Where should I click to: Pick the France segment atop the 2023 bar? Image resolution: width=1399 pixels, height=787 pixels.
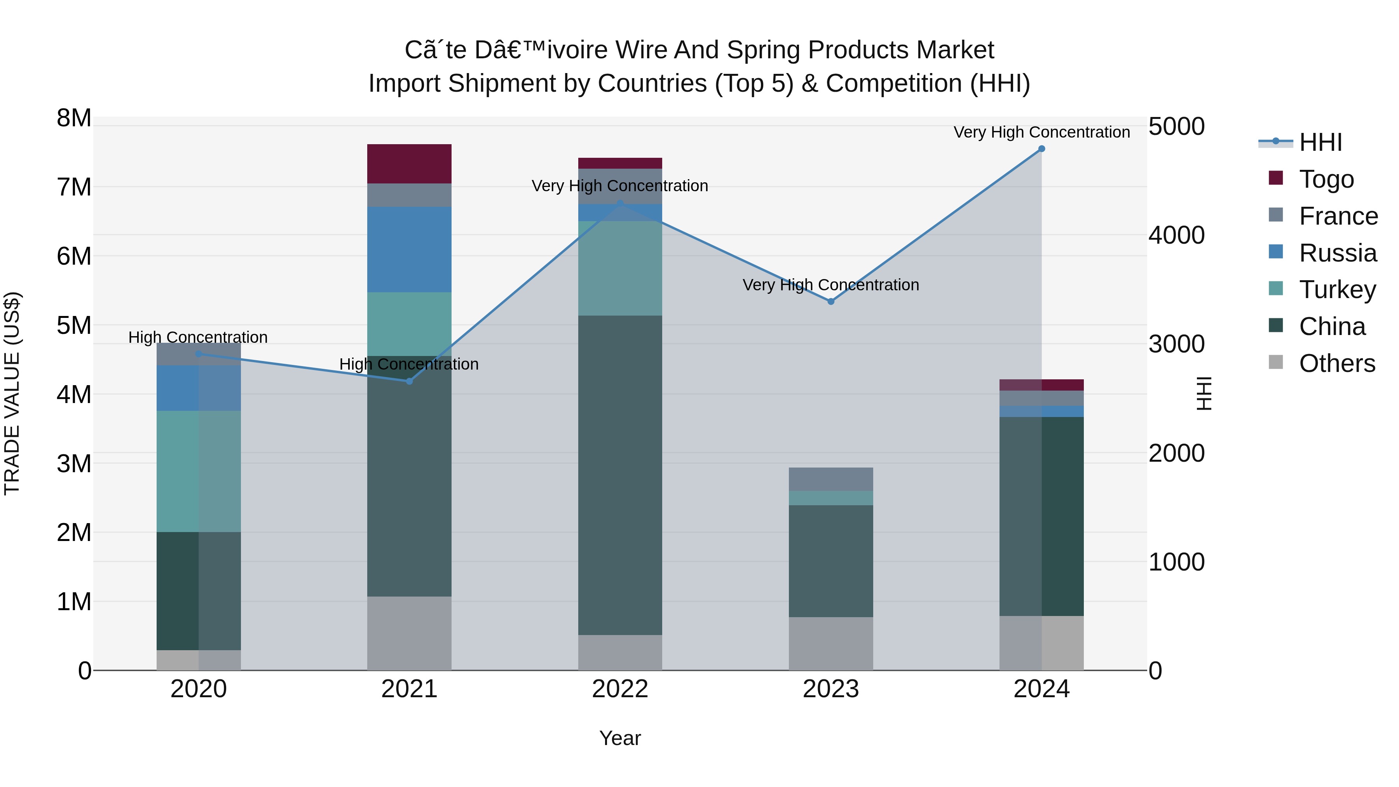click(x=830, y=479)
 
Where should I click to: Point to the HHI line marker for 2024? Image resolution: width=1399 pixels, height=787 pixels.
click(x=1041, y=149)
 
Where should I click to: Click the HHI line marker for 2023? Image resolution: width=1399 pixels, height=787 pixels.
click(x=830, y=302)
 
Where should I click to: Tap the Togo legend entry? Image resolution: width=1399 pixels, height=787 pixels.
click(x=1326, y=179)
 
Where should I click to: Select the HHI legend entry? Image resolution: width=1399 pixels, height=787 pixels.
click(x=1320, y=142)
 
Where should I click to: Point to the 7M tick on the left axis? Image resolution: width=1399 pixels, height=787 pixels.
click(x=74, y=187)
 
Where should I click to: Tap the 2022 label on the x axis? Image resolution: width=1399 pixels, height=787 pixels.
click(x=620, y=689)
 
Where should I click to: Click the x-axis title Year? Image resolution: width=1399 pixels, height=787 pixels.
click(x=620, y=738)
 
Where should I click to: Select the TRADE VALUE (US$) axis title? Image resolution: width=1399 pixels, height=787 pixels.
click(x=12, y=393)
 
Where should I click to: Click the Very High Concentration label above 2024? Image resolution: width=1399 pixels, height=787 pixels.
click(x=1041, y=132)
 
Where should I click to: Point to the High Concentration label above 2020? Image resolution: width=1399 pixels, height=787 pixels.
click(x=198, y=337)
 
